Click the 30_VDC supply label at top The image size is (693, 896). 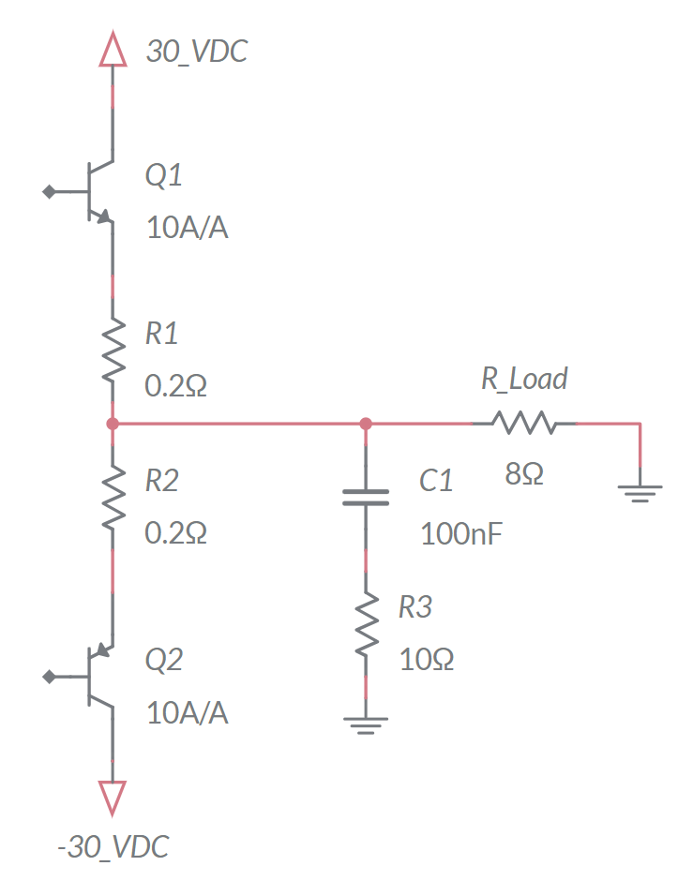pyautogui.click(x=197, y=52)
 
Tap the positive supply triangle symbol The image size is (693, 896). pyautogui.click(x=113, y=49)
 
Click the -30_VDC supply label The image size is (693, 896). pyautogui.click(x=113, y=846)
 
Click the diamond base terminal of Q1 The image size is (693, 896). pyautogui.click(x=50, y=192)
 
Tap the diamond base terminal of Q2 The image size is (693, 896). pyautogui.click(x=50, y=677)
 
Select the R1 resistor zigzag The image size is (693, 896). pyautogui.click(x=113, y=350)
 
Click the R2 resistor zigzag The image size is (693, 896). pyautogui.click(x=113, y=497)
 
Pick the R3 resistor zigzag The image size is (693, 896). pyautogui.click(x=366, y=624)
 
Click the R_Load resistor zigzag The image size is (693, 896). pyautogui.click(x=524, y=423)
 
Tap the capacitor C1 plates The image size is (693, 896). pyautogui.click(x=366, y=497)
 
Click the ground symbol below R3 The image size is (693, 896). pyautogui.click(x=366, y=725)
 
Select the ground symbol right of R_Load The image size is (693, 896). pyautogui.click(x=640, y=494)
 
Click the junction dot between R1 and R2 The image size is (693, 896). pyautogui.click(x=113, y=424)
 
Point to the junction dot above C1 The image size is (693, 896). pyautogui.click(x=366, y=424)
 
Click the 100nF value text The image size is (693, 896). pyautogui.click(x=460, y=534)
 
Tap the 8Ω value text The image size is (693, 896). pyautogui.click(x=524, y=473)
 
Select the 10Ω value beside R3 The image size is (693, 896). pyautogui.click(x=427, y=660)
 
